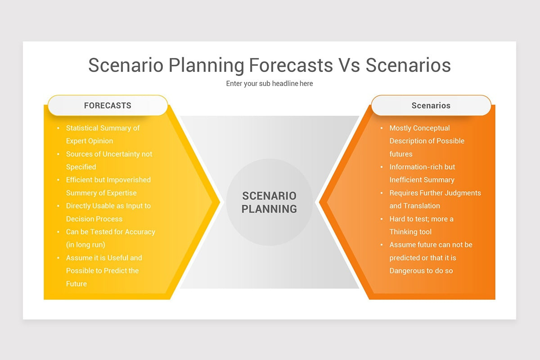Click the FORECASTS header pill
coord(108,106)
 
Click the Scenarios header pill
coord(431,106)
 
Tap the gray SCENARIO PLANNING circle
coord(269,202)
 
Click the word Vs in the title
coord(349,65)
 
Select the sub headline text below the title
coord(269,84)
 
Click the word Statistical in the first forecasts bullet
coord(82,128)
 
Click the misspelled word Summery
coord(82,193)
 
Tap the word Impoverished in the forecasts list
coord(129,180)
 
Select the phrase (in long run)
coord(85,245)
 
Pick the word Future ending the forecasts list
coord(76,284)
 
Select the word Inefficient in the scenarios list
coord(407,180)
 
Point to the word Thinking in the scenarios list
coord(405,232)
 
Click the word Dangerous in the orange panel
coord(408,271)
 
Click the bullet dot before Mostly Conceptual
coord(382,128)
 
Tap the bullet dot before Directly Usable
coord(58,206)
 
